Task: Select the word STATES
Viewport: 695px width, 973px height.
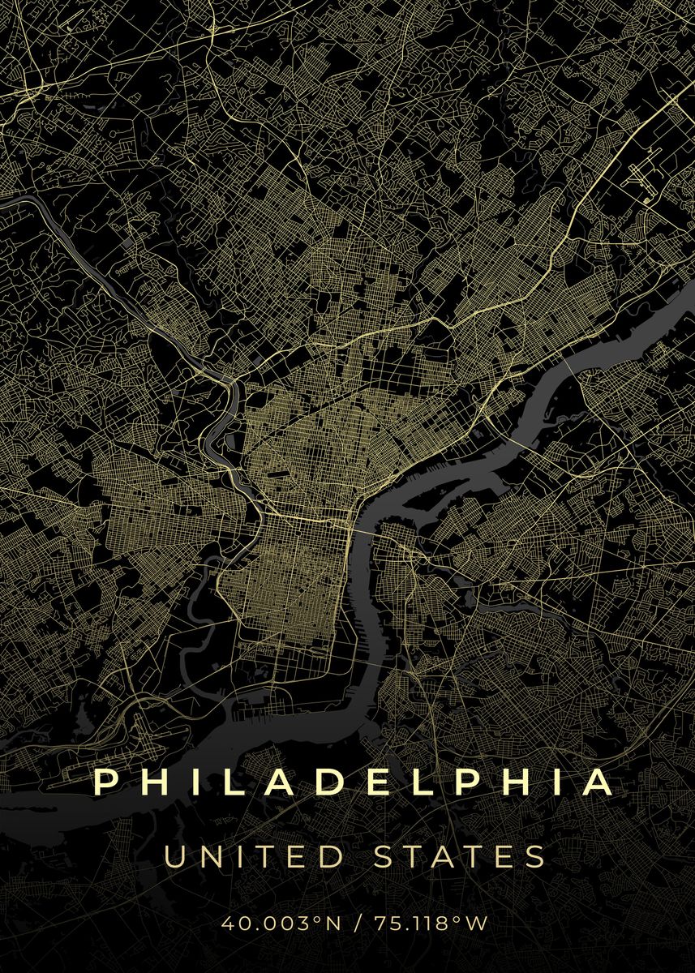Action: click(x=458, y=857)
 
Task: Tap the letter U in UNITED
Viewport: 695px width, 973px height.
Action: click(x=176, y=857)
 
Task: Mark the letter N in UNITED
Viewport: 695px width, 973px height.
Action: click(x=210, y=857)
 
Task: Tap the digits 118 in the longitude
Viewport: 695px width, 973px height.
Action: click(x=437, y=922)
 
